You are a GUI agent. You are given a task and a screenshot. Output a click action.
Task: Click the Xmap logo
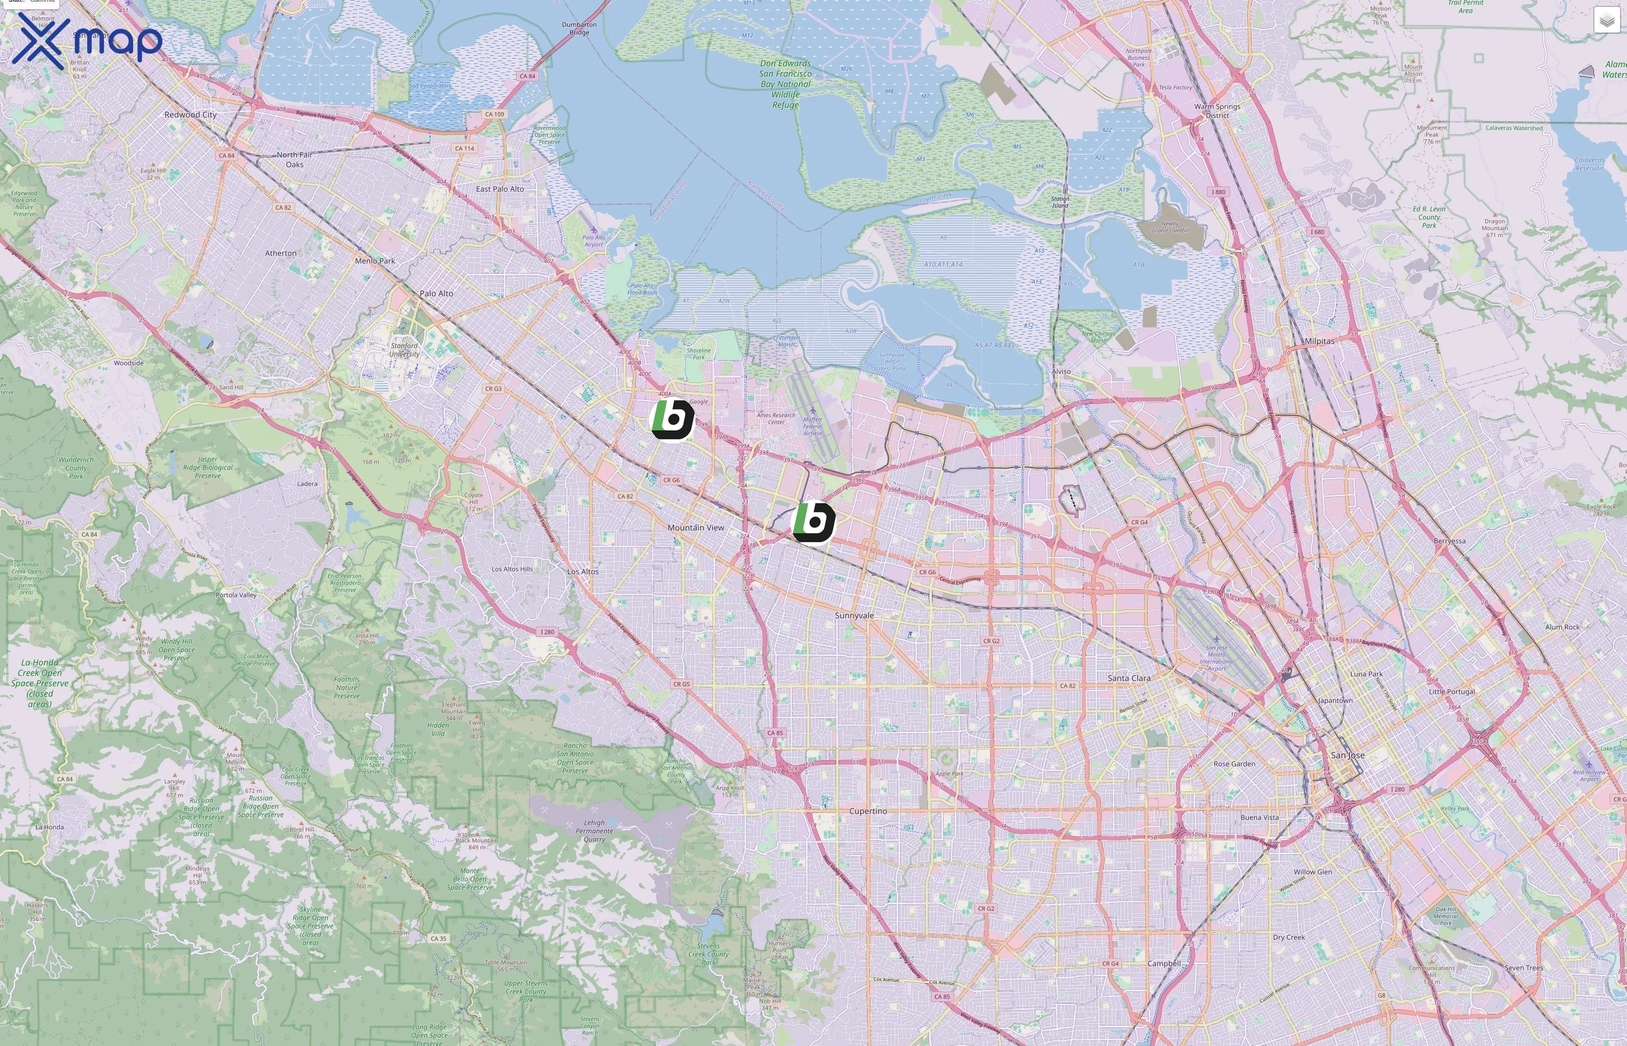click(x=87, y=41)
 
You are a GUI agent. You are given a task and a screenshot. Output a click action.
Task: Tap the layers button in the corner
click(x=1606, y=20)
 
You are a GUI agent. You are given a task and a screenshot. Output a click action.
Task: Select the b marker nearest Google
click(x=672, y=419)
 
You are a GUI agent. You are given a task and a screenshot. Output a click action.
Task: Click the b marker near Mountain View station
click(x=813, y=522)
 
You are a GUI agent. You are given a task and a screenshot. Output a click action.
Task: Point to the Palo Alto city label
click(x=436, y=293)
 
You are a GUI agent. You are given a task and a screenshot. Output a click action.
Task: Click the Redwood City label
click(x=190, y=115)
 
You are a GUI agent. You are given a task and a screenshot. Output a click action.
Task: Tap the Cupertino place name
click(x=868, y=811)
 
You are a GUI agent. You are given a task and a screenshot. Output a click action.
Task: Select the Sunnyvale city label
click(x=854, y=615)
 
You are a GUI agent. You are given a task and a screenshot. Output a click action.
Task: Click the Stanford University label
click(x=404, y=350)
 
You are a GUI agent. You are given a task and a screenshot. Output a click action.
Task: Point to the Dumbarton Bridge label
click(x=579, y=28)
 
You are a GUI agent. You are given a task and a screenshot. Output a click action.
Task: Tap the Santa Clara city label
click(x=1128, y=678)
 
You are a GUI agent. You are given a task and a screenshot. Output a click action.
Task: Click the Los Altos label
click(x=583, y=571)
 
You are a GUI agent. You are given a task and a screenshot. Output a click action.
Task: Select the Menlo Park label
click(x=374, y=261)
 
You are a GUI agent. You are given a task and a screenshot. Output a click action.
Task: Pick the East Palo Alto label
click(x=500, y=189)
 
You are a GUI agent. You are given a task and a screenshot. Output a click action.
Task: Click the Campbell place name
click(x=1164, y=963)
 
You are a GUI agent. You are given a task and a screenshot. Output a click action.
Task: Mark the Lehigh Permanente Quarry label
click(x=594, y=830)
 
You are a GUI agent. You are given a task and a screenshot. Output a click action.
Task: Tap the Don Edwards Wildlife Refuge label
click(x=786, y=84)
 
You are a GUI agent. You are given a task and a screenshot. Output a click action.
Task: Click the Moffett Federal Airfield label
click(x=812, y=426)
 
